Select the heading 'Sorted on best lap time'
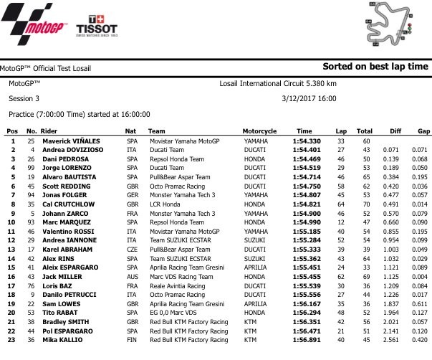pos(375,67)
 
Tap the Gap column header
pos(423,132)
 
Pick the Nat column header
pos(130,132)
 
